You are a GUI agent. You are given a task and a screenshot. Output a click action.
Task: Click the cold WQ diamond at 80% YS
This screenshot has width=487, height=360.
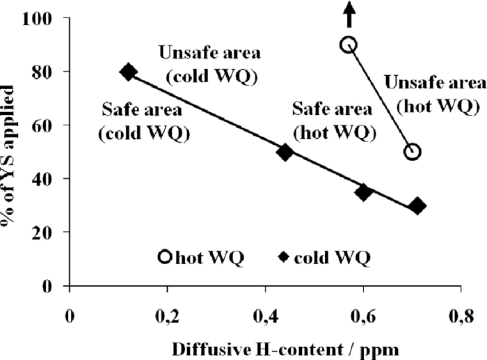[x=128, y=72]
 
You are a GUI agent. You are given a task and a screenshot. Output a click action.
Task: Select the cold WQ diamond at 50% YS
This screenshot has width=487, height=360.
[x=285, y=152]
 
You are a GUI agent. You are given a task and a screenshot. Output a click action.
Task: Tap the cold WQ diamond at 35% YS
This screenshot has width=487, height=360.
[x=362, y=192]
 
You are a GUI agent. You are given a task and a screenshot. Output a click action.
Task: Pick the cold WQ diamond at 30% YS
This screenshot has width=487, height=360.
[x=417, y=205]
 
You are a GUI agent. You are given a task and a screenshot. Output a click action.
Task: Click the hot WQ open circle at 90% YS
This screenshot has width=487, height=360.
[x=349, y=45]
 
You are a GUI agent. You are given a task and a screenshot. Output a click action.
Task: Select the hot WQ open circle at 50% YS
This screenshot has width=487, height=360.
[x=413, y=152]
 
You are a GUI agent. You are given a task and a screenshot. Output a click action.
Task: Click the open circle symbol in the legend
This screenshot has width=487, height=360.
[x=165, y=257]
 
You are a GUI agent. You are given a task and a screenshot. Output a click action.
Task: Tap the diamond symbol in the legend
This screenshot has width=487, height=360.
[x=284, y=258]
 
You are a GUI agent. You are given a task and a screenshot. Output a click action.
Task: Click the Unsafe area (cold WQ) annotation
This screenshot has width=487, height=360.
[x=208, y=64]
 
